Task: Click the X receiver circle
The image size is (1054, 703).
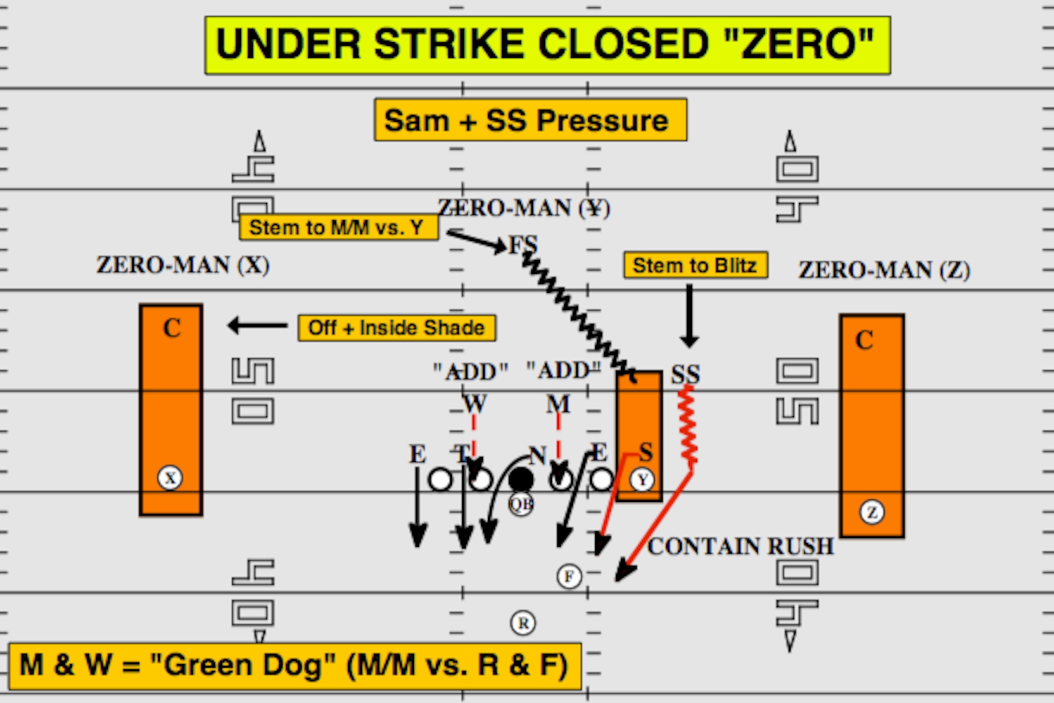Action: (x=170, y=478)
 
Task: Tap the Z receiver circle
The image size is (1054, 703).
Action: (x=872, y=512)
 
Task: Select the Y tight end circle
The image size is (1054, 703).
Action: (x=642, y=480)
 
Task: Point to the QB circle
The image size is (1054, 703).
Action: (x=521, y=504)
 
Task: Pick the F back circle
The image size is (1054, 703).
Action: (x=569, y=576)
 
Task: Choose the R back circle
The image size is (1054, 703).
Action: (x=523, y=623)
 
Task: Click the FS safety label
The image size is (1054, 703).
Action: (x=523, y=245)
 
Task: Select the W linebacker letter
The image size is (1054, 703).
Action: (x=475, y=403)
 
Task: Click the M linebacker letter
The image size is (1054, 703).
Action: (x=558, y=404)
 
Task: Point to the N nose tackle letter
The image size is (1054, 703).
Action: (x=538, y=456)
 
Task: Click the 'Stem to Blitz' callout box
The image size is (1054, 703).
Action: (x=696, y=265)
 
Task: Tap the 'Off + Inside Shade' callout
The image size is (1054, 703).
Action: (x=397, y=328)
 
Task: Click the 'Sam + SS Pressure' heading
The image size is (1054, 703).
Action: (x=531, y=120)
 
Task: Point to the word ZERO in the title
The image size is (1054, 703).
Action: (x=799, y=44)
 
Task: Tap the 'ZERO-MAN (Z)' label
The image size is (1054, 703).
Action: (x=884, y=270)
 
